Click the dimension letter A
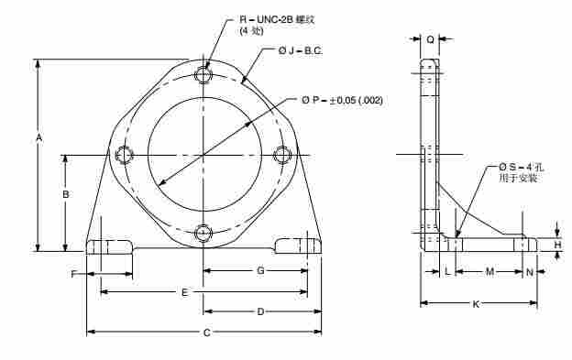[x=39, y=138]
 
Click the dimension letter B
[x=66, y=194]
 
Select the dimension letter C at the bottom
[x=207, y=333]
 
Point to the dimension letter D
[x=260, y=311]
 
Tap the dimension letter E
[x=185, y=292]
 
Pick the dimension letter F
[x=73, y=274]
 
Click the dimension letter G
[x=260, y=271]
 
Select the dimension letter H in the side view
[x=557, y=245]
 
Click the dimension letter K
[x=476, y=304]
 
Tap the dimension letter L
[x=447, y=271]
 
